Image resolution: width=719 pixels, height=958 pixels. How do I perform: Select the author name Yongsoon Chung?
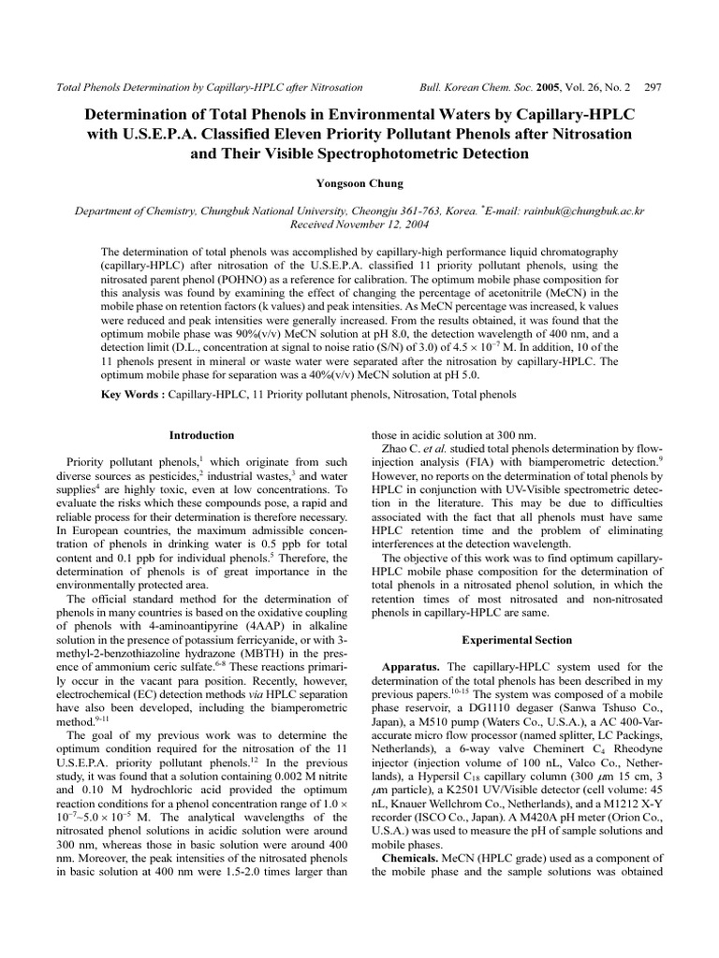[359, 183]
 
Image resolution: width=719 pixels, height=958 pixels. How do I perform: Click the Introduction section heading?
[201, 435]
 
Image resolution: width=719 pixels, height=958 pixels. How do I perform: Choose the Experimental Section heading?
[517, 640]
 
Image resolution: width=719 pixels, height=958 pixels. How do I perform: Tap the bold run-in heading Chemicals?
[413, 858]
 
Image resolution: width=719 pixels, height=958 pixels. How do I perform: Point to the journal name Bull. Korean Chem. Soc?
[475, 86]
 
